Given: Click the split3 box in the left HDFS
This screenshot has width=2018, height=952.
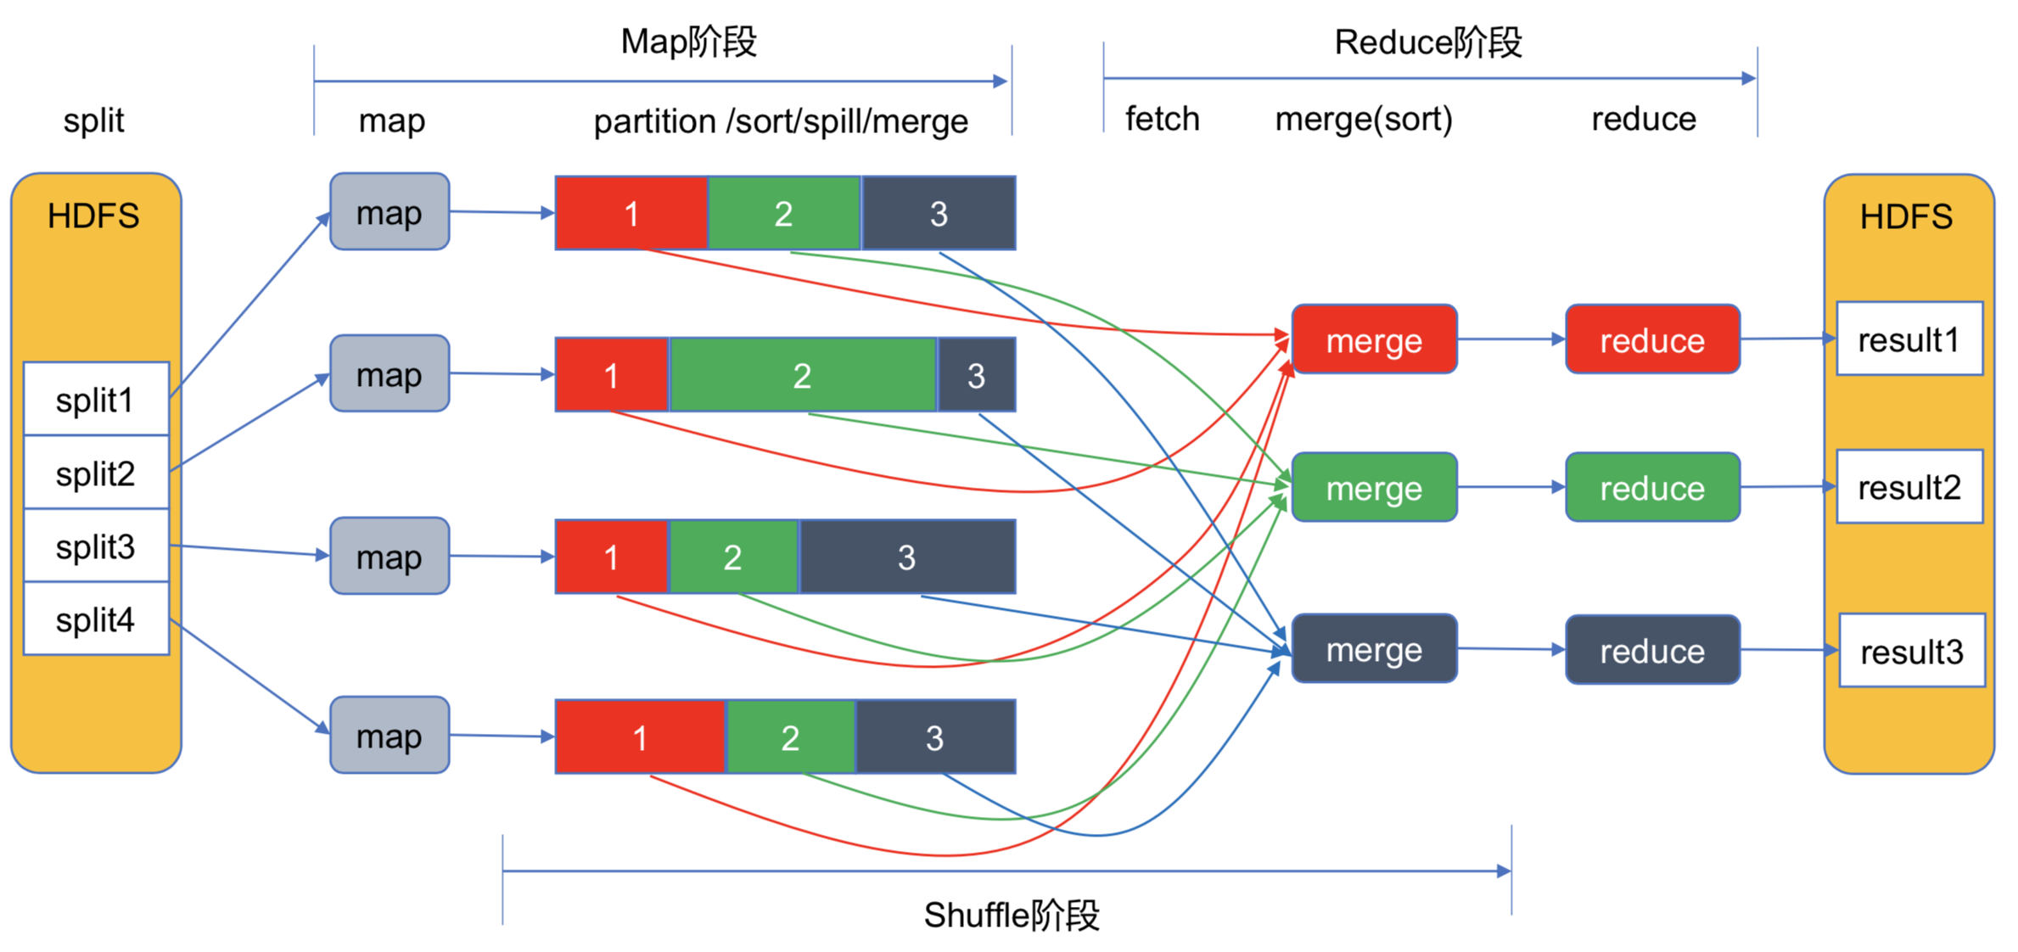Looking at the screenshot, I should pos(96,546).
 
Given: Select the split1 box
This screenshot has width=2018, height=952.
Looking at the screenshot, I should pos(96,399).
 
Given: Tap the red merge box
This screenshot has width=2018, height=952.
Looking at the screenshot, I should pos(1373,339).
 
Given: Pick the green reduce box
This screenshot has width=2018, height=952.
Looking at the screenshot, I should pos(1651,487).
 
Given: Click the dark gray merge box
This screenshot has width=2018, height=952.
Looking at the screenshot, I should pos(1373,649).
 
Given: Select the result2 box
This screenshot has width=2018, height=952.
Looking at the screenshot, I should pos(1909,487).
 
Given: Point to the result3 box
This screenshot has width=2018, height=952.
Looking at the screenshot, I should pos(1911,651).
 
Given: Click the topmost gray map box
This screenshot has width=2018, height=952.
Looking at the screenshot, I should pos(389,212).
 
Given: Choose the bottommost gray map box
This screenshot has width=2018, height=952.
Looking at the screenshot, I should pos(389,736).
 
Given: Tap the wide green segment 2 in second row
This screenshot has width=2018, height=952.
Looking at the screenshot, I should pos(803,375).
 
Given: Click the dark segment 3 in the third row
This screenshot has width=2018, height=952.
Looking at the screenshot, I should pos(906,557).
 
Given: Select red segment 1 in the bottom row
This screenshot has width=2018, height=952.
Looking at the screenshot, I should pos(641,736).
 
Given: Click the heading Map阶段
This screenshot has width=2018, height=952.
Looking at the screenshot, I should pos(688,42).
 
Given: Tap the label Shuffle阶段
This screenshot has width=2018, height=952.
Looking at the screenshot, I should pos(1011,915).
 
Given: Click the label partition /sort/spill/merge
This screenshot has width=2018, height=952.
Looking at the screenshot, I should pos(780,121).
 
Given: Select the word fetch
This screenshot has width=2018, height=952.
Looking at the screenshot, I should pos(1162,119).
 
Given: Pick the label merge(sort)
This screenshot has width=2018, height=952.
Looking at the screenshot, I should pos(1363,119).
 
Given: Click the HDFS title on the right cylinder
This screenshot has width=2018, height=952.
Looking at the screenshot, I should pos(1905,217).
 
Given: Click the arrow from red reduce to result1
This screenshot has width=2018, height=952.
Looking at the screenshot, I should pos(1787,339).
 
